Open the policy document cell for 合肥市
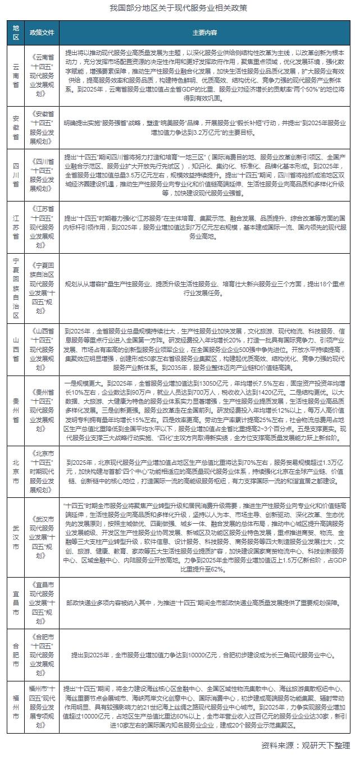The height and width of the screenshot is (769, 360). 42,638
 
